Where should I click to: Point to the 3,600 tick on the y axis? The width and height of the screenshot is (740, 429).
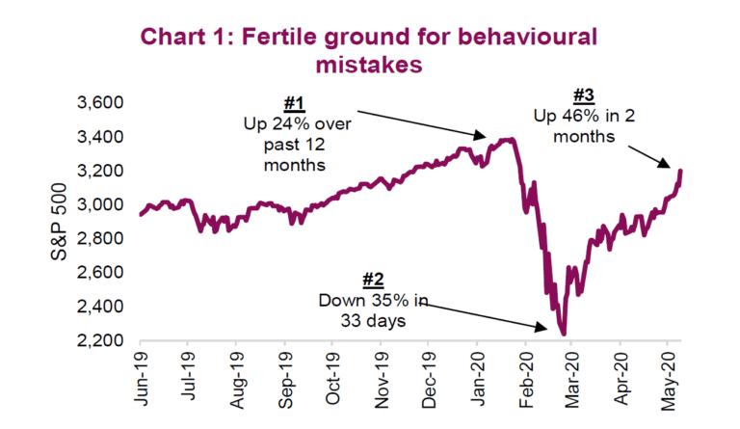[100, 102]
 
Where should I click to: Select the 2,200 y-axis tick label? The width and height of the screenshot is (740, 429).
[100, 340]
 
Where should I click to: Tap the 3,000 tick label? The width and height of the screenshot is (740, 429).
[100, 204]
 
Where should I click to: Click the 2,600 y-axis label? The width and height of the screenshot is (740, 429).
[100, 272]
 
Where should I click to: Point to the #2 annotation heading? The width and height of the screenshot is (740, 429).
[373, 281]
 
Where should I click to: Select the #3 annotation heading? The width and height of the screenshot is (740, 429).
[582, 96]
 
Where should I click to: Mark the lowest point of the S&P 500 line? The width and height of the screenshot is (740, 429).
[563, 335]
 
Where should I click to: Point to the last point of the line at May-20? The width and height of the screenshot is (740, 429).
[681, 172]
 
